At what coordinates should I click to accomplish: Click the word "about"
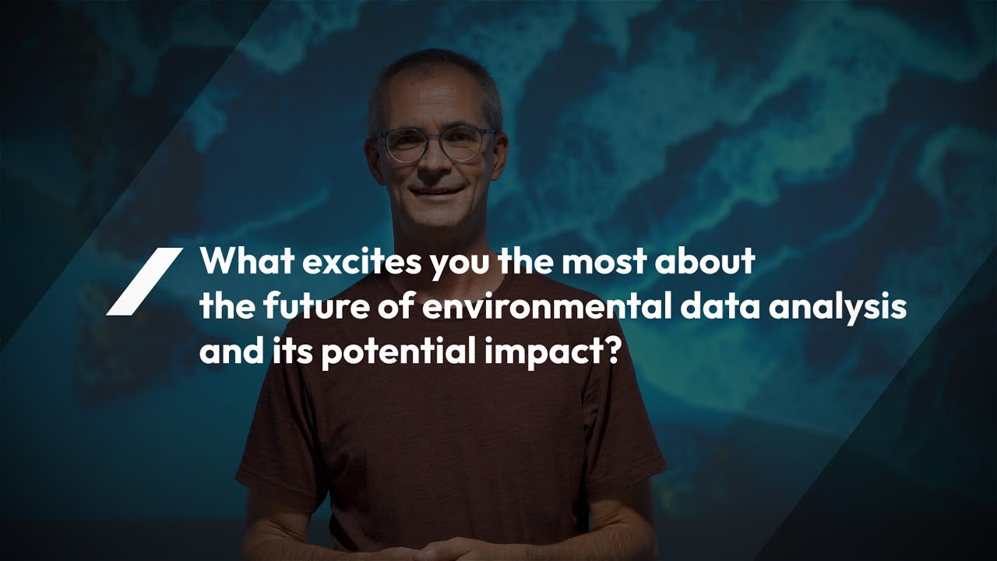point(705,260)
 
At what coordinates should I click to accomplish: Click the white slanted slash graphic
point(145,281)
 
